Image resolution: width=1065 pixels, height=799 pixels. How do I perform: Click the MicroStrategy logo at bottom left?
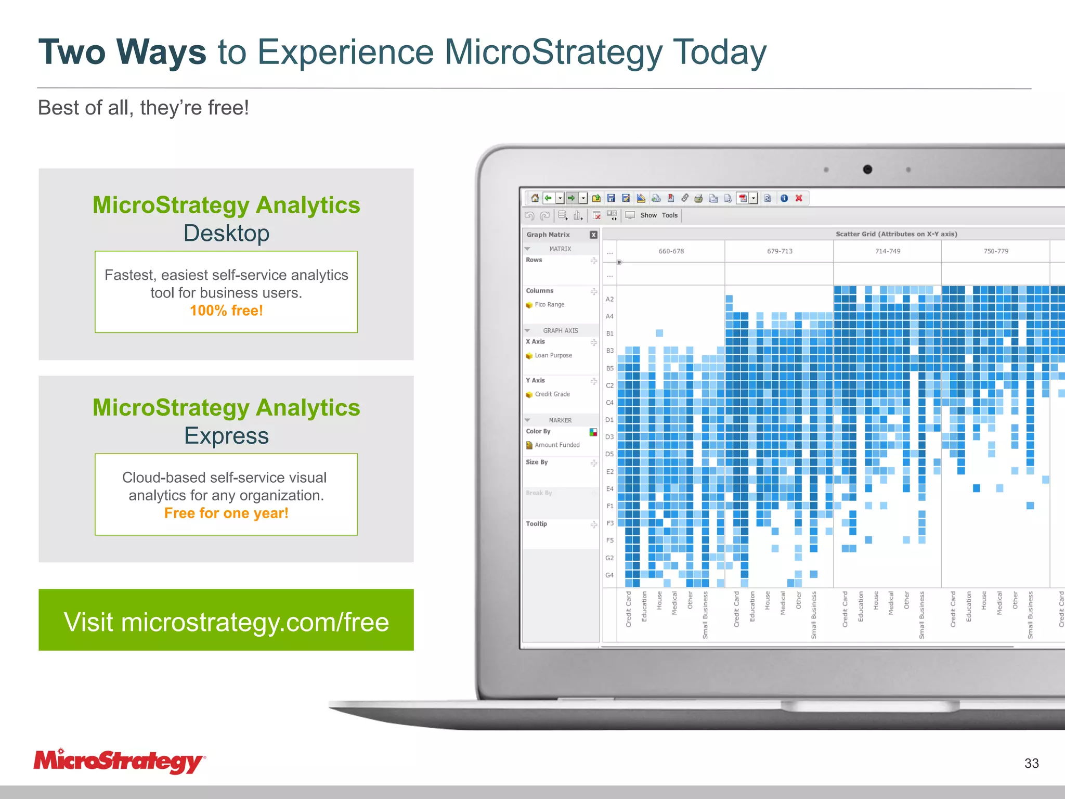[x=119, y=762]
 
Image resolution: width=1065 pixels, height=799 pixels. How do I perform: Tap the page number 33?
[x=1031, y=763]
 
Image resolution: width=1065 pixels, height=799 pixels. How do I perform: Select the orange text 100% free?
[x=226, y=311]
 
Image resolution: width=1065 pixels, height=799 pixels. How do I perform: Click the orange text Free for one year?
[x=226, y=513]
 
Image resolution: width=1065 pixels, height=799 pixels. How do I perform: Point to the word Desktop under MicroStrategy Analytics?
[x=226, y=233]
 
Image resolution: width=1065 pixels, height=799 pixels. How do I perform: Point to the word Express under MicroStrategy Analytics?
[x=226, y=435]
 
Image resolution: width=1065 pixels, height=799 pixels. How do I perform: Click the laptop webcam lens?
[x=867, y=170]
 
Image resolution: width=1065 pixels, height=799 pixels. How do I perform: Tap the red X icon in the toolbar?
[x=799, y=198]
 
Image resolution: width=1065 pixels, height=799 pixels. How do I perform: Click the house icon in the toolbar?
[x=535, y=198]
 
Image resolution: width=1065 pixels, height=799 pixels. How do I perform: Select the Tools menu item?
[x=670, y=215]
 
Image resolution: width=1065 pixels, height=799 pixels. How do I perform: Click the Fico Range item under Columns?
[x=549, y=305]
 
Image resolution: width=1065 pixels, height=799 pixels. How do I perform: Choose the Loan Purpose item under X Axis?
[x=553, y=355]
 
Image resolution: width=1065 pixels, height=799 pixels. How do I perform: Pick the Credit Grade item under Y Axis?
[x=552, y=394]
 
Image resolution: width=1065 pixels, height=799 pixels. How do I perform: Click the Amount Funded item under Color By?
[x=556, y=445]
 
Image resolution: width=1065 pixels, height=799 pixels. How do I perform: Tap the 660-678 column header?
[x=671, y=251]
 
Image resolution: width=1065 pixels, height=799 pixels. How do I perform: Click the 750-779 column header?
[x=995, y=251]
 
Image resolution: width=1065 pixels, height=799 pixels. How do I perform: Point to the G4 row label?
[x=609, y=575]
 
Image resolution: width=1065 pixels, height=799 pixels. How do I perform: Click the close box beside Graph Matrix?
[x=593, y=235]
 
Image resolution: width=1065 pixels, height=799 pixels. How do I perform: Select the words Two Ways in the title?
[x=122, y=52]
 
